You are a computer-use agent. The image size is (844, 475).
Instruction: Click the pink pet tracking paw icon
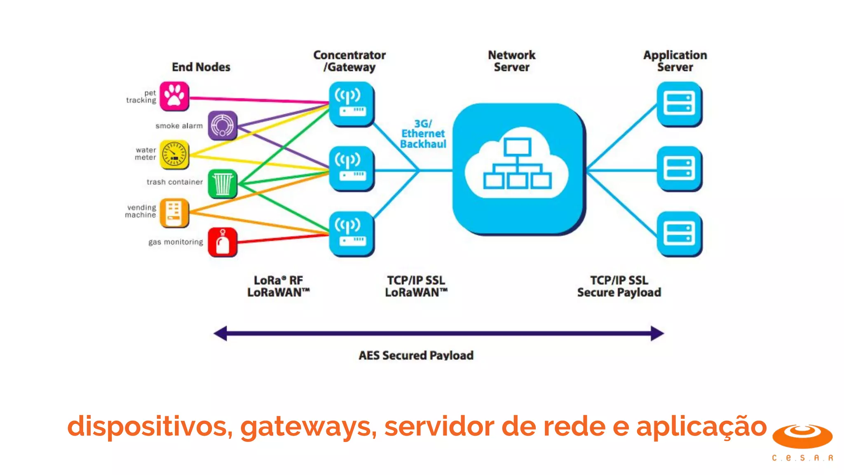(174, 96)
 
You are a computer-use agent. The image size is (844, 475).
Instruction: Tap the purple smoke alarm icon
(223, 125)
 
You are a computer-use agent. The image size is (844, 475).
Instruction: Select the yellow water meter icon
(174, 155)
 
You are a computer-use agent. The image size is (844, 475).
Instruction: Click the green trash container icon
(223, 183)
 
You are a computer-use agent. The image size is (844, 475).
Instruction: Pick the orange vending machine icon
(174, 213)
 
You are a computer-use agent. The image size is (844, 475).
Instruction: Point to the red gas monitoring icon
(223, 242)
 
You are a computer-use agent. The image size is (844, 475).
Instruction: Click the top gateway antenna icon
(351, 104)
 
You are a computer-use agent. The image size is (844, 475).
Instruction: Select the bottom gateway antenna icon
(351, 234)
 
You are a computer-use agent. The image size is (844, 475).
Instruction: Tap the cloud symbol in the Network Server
(517, 165)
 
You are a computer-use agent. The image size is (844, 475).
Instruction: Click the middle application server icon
(679, 169)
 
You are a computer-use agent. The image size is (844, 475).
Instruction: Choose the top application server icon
(679, 104)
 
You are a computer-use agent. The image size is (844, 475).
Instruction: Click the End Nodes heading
(201, 67)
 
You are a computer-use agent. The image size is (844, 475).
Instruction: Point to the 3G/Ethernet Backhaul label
(423, 134)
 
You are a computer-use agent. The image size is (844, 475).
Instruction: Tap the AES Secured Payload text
(416, 355)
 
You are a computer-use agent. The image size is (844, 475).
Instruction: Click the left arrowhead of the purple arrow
(221, 333)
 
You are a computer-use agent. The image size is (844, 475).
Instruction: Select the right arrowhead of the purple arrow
(657, 333)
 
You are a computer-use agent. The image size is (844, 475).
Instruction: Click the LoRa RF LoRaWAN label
(278, 286)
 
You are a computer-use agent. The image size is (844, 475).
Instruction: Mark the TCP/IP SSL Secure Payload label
(619, 286)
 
